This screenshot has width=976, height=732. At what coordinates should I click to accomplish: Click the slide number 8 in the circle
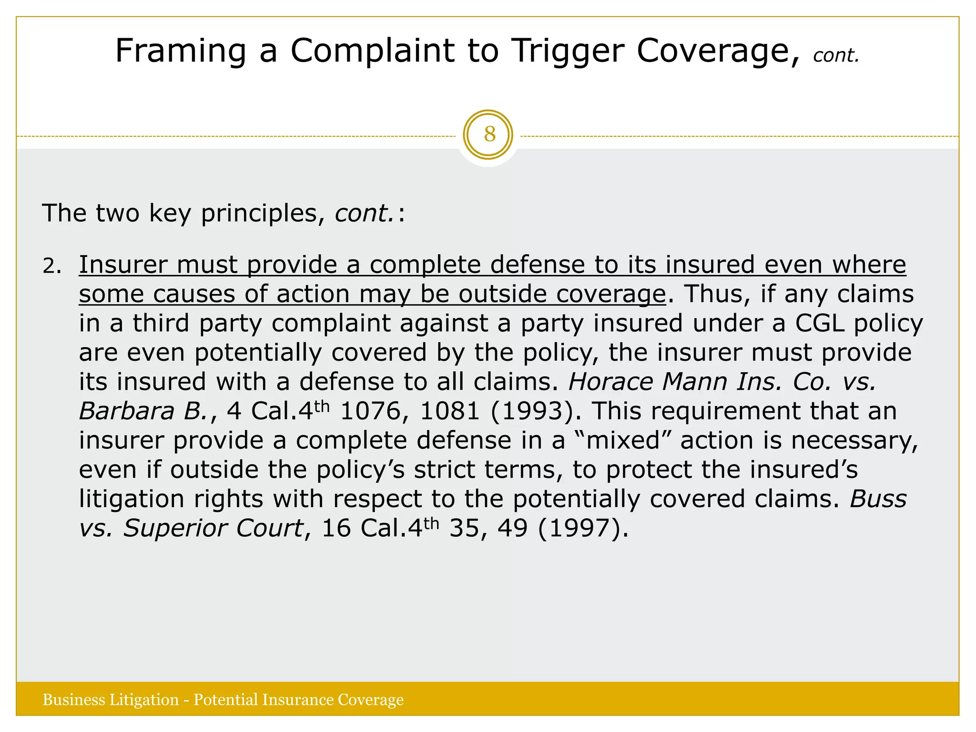(x=489, y=134)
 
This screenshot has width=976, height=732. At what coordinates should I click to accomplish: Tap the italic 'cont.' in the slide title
(x=836, y=56)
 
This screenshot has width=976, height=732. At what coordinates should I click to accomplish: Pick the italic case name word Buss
(x=878, y=499)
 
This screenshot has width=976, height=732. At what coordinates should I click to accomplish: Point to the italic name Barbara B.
(x=143, y=411)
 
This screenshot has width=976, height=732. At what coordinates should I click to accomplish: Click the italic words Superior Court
(x=213, y=529)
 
